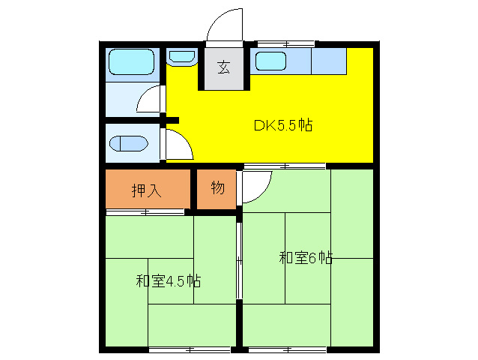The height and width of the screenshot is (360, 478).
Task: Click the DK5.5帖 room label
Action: [x=282, y=125]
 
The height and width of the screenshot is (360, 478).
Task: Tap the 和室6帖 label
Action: [x=306, y=258]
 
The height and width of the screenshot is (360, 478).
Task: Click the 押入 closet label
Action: [x=146, y=190]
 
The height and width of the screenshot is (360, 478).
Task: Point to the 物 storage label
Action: [x=217, y=188]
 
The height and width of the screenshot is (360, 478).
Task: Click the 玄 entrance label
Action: [x=223, y=67]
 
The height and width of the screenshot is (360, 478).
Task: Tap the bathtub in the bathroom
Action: [x=131, y=63]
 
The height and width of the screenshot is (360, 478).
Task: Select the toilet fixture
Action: [x=129, y=142]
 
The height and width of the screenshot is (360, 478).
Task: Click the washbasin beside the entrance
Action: [x=181, y=56]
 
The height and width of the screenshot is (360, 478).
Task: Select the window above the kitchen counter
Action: [x=285, y=43]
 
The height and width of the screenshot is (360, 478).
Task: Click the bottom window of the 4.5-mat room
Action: [x=189, y=349]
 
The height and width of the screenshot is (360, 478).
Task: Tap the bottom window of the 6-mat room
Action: [x=288, y=349]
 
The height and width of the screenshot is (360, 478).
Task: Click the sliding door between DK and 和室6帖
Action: [x=285, y=165]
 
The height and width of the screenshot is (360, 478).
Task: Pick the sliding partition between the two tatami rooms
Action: [x=239, y=259]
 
